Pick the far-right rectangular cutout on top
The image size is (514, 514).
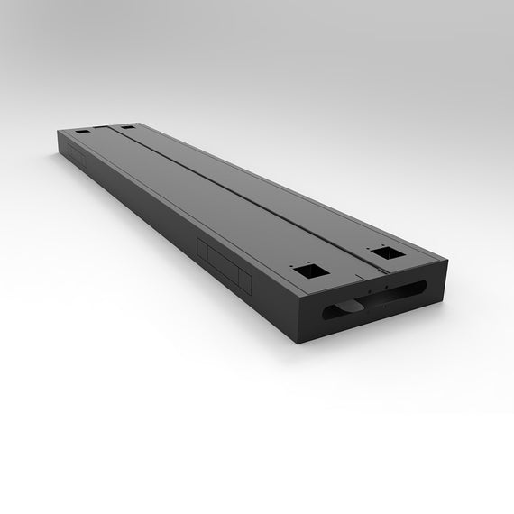point(127,128)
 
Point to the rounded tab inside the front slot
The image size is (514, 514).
point(346,307)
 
